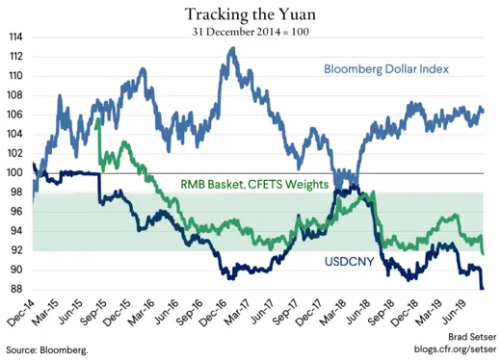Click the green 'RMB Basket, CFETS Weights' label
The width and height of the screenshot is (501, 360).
(x=253, y=184)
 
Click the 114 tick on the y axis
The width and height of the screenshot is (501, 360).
(x=16, y=37)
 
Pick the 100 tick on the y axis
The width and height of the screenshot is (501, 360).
(x=16, y=173)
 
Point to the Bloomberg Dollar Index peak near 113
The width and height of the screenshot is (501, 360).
(x=231, y=48)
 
